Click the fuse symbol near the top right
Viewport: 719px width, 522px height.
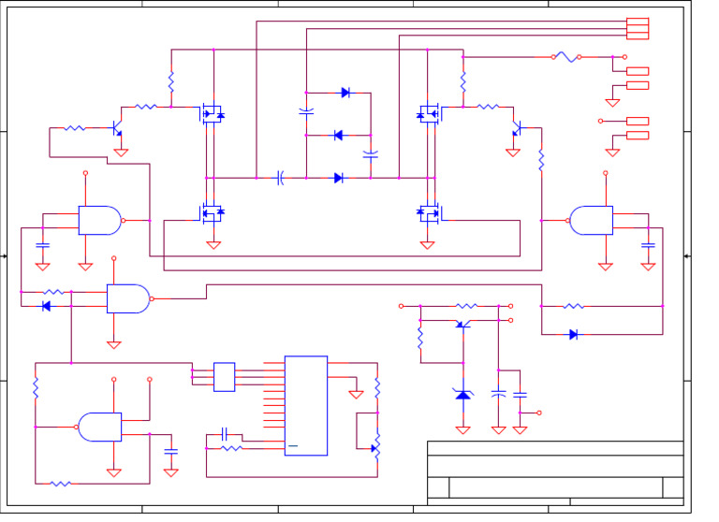[565, 57]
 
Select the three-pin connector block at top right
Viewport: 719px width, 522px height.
[637, 29]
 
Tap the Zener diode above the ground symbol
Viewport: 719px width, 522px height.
[462, 394]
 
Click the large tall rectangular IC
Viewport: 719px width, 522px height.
[306, 405]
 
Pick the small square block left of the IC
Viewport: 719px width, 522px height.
[224, 376]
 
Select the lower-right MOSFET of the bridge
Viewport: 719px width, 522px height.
[428, 212]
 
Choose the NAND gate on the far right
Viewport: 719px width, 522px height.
[592, 220]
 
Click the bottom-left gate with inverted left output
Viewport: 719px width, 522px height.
[99, 427]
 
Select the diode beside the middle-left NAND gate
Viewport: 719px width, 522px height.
[46, 306]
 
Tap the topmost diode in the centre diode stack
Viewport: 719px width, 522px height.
[345, 93]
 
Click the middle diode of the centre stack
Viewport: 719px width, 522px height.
[339, 136]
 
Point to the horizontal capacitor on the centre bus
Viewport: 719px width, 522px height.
[280, 177]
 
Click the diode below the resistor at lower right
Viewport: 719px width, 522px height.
[573, 334]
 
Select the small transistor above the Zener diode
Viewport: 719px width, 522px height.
[461, 324]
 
